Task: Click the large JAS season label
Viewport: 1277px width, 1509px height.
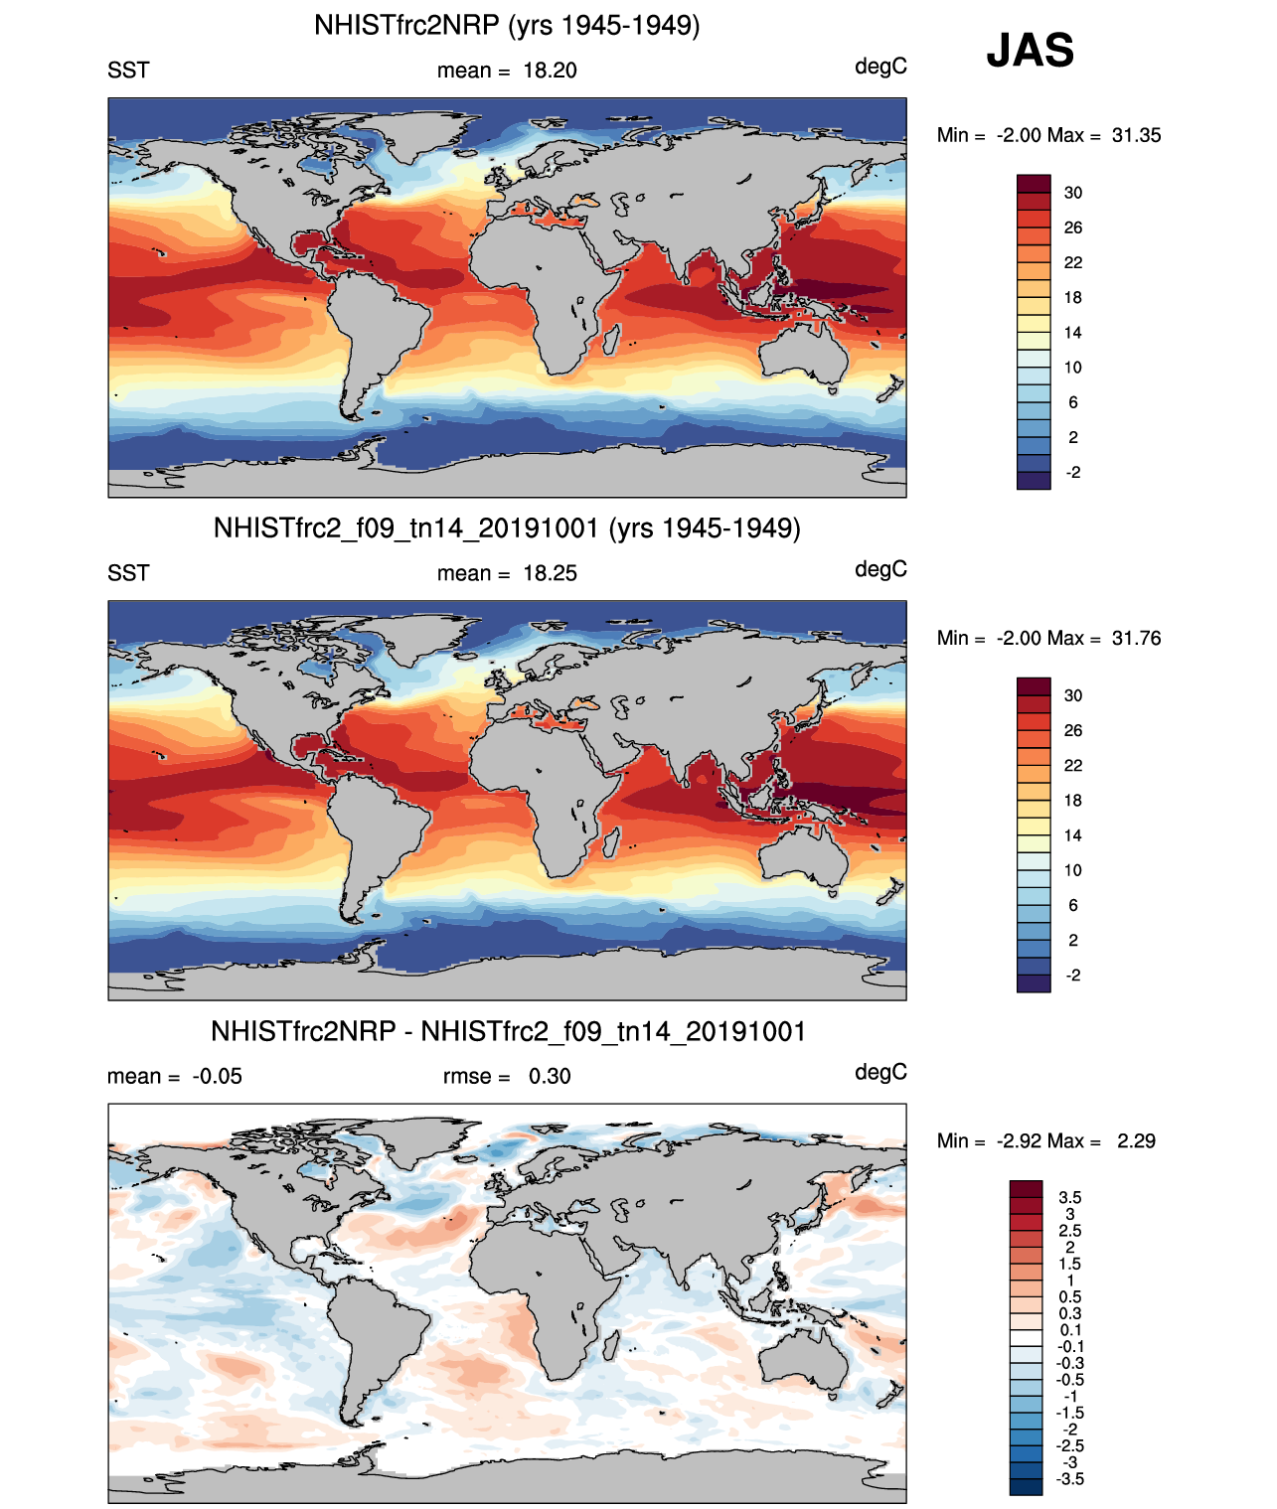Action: pyautogui.click(x=1030, y=51)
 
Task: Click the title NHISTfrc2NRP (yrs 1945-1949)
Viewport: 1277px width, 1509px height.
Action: pyautogui.click(x=507, y=25)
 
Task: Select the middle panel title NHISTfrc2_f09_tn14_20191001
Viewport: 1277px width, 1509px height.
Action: pyautogui.click(x=507, y=528)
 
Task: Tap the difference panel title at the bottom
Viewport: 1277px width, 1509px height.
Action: pyautogui.click(x=508, y=1031)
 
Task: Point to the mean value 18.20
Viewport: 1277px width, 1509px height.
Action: pyautogui.click(x=550, y=71)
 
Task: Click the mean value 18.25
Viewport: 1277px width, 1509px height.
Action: pyautogui.click(x=550, y=573)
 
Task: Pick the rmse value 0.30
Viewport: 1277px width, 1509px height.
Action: pyautogui.click(x=550, y=1076)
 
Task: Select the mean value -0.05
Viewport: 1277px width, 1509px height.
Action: pyautogui.click(x=217, y=1076)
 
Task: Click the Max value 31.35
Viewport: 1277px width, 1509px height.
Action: pyautogui.click(x=1136, y=135)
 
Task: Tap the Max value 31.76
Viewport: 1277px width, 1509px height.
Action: pyautogui.click(x=1136, y=638)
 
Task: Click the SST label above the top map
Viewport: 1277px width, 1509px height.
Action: pyautogui.click(x=128, y=71)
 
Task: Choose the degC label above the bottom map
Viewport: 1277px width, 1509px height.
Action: pyautogui.click(x=880, y=1072)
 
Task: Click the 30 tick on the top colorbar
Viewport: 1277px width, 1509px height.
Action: pyautogui.click(x=1072, y=193)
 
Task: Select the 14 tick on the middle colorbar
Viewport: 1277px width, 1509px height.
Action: pyautogui.click(x=1072, y=835)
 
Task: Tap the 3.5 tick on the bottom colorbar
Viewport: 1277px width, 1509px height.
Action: pyautogui.click(x=1069, y=1197)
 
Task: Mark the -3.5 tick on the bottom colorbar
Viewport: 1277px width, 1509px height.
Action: pyautogui.click(x=1069, y=1478)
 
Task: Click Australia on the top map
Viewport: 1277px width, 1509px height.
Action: pyautogui.click(x=803, y=353)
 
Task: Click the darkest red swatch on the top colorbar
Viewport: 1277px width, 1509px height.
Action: pyautogui.click(x=1034, y=184)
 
